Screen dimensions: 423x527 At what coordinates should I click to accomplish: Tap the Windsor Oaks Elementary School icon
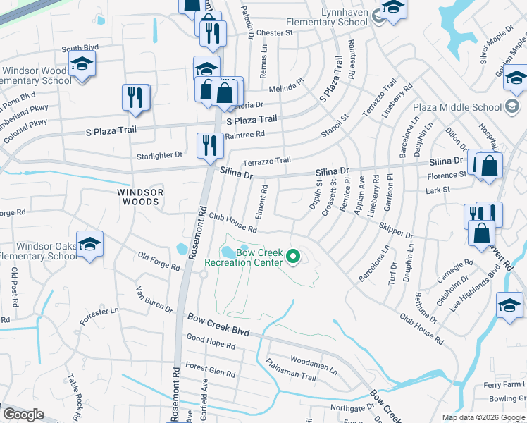[x=89, y=244]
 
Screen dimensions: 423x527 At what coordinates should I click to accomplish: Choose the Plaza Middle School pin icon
[x=514, y=107]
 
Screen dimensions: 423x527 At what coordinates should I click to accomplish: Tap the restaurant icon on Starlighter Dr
[x=210, y=145]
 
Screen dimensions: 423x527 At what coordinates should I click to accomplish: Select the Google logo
[x=23, y=415]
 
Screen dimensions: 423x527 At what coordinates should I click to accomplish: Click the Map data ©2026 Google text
[x=483, y=417]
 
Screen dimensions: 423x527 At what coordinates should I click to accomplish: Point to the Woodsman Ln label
[x=314, y=362]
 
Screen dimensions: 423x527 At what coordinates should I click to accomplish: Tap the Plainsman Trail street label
[x=291, y=370]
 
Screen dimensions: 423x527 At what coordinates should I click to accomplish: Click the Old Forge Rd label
[x=159, y=260]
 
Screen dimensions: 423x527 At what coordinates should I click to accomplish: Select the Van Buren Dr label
[x=154, y=300]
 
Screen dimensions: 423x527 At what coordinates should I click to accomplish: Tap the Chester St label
[x=274, y=33]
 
